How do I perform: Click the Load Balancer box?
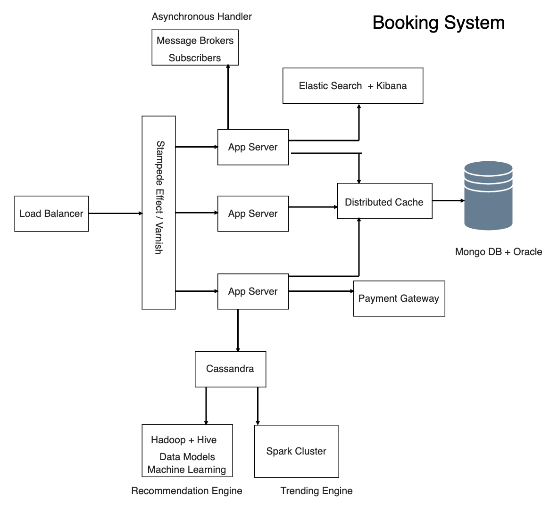pyautogui.click(x=51, y=214)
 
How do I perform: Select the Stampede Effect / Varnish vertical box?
pyautogui.click(x=158, y=212)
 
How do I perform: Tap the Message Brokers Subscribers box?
pyautogui.click(x=195, y=48)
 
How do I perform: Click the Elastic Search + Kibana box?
pyautogui.click(x=352, y=86)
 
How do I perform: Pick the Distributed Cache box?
pyautogui.click(x=384, y=201)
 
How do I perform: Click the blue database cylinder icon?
pyautogui.click(x=488, y=195)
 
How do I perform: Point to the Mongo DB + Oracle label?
pyautogui.click(x=498, y=252)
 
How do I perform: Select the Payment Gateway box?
pyautogui.click(x=399, y=298)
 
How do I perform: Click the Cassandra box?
pyautogui.click(x=230, y=369)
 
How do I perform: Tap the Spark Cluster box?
pyautogui.click(x=296, y=451)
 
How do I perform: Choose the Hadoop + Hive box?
pyautogui.click(x=187, y=451)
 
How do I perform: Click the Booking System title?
pyautogui.click(x=438, y=23)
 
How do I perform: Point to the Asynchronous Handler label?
pyautogui.click(x=201, y=17)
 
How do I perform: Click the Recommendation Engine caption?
pyautogui.click(x=186, y=491)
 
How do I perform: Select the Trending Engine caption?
pyautogui.click(x=316, y=491)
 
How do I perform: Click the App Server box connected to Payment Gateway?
pyautogui.click(x=253, y=291)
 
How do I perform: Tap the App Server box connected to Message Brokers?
pyautogui.click(x=253, y=147)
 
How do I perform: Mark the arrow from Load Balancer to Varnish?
pyautogui.click(x=115, y=213)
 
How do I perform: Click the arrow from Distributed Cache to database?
pyautogui.click(x=448, y=200)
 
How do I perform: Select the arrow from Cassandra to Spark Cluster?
pyautogui.click(x=258, y=405)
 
